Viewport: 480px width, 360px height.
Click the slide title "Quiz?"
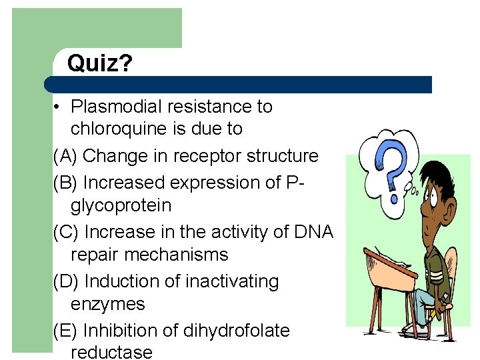pyautogui.click(x=100, y=64)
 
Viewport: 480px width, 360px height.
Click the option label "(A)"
pyautogui.click(x=66, y=156)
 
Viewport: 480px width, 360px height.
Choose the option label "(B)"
pyautogui.click(x=66, y=183)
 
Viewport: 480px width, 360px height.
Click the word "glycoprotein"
pyautogui.click(x=121, y=206)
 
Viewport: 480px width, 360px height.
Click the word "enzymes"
pyautogui.click(x=107, y=305)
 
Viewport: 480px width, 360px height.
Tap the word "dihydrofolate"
pyautogui.click(x=238, y=331)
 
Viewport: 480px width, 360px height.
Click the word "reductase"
pyautogui.click(x=111, y=353)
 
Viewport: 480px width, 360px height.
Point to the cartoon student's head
pyautogui.click(x=433, y=193)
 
